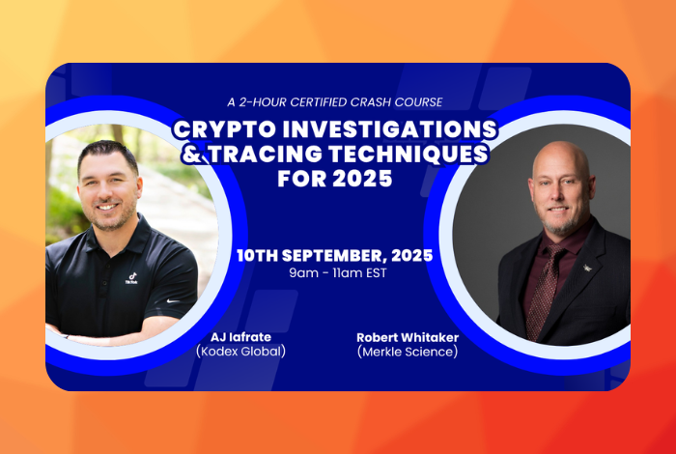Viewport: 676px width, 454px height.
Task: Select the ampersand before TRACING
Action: point(192,154)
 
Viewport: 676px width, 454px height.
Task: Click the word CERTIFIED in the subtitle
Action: point(318,102)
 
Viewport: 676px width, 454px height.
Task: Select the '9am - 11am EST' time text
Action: point(338,273)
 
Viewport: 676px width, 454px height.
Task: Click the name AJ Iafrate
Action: point(240,337)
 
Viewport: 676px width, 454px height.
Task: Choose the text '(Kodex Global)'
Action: point(240,352)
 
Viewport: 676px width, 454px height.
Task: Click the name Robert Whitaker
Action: point(408,337)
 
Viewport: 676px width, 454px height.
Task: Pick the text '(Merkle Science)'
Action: point(408,352)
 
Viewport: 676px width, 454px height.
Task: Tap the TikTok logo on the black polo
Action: point(131,278)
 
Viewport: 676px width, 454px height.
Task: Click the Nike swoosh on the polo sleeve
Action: point(173,300)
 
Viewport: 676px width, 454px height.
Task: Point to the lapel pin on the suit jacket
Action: point(587,268)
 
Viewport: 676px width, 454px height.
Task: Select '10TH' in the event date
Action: point(257,256)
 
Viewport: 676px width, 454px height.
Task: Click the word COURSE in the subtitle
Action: point(420,102)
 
